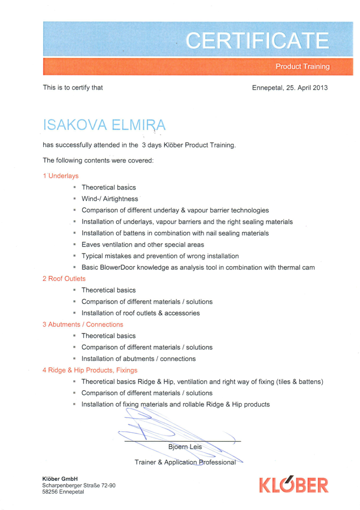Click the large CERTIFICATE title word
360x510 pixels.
point(257,40)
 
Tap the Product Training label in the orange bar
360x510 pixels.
point(303,67)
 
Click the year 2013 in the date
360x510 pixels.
point(320,88)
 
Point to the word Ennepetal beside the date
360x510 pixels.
point(267,88)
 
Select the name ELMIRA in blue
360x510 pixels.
point(139,125)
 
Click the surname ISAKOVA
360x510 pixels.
point(75,125)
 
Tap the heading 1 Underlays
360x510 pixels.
point(61,176)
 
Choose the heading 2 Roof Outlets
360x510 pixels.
point(64,279)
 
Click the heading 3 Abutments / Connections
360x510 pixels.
point(83,325)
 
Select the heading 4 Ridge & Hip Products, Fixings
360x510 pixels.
point(90,370)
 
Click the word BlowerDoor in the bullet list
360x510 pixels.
point(118,267)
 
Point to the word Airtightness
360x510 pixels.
point(120,199)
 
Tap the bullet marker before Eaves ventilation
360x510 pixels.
point(74,244)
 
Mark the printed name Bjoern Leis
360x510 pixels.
point(185,447)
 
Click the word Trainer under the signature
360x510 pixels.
point(145,462)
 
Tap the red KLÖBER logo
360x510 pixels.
point(294,485)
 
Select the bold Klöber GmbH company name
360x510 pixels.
point(60,479)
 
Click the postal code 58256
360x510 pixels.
point(49,492)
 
